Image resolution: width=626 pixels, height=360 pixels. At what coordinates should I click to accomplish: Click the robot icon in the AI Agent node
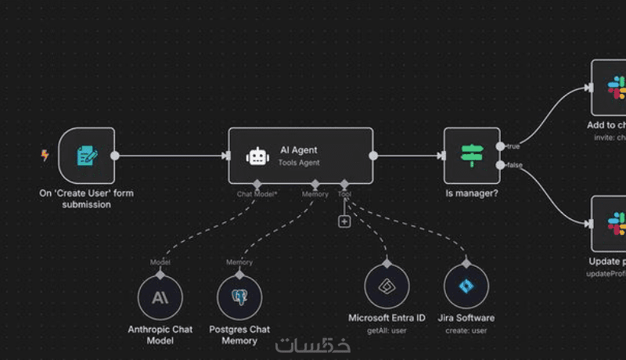tap(257, 157)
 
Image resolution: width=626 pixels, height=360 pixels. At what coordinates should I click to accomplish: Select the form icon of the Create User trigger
tap(87, 156)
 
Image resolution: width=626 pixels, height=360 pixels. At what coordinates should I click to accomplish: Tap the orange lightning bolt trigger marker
tap(45, 156)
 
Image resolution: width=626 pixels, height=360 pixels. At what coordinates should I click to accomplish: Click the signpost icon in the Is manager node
tap(472, 155)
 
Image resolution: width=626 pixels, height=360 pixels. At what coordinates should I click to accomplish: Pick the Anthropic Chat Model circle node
tap(160, 297)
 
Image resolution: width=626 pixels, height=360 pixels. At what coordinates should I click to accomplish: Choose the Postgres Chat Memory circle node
tap(239, 297)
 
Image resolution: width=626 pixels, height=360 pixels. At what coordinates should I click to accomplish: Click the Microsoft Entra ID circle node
tap(387, 286)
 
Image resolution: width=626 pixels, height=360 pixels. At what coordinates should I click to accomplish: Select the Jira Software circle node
tap(466, 286)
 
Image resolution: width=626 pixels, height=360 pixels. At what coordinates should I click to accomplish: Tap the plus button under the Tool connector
tap(344, 221)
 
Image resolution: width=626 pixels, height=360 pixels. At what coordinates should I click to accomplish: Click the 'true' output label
tap(514, 146)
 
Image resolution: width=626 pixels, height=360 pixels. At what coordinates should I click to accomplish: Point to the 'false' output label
tap(515, 165)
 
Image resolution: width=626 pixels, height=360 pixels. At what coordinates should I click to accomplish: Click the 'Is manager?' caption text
tap(472, 193)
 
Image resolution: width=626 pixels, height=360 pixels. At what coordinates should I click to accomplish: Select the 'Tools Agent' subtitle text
tap(298, 163)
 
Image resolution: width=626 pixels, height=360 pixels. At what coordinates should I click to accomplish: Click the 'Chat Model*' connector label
tap(257, 193)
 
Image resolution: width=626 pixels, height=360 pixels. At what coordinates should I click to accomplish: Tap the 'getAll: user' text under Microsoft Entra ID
tap(387, 330)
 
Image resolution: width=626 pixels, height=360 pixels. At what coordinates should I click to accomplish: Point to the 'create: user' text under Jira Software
tap(466, 330)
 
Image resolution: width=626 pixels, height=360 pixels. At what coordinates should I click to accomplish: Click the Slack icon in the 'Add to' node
tap(617, 86)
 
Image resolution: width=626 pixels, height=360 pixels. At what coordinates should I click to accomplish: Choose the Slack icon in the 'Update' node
tap(617, 222)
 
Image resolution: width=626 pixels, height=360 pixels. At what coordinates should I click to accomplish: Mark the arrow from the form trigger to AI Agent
tap(172, 156)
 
